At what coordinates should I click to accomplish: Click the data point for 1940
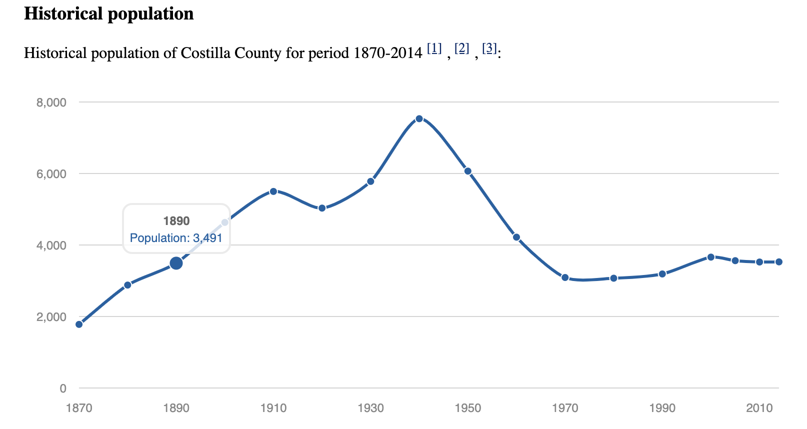(x=419, y=118)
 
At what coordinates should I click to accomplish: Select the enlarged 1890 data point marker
(x=176, y=263)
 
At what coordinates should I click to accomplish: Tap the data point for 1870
(x=79, y=324)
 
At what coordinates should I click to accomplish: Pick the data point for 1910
(x=273, y=191)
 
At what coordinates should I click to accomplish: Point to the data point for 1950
(x=468, y=171)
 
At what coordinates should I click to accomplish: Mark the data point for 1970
(x=565, y=277)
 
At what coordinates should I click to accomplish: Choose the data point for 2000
(x=711, y=257)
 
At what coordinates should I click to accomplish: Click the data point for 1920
(x=322, y=208)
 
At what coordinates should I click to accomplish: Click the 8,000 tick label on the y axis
(x=51, y=102)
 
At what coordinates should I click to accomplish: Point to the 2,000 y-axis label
(x=51, y=317)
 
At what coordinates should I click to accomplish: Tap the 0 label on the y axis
(x=62, y=388)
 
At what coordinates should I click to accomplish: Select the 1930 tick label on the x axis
(x=370, y=408)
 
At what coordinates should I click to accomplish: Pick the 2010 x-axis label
(x=759, y=408)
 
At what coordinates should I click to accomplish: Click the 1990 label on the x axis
(x=662, y=408)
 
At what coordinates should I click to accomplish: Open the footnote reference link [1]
(x=434, y=48)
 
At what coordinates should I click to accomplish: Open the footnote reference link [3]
(x=489, y=48)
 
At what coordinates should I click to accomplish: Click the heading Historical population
(x=109, y=13)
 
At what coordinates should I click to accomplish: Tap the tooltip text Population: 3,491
(x=176, y=238)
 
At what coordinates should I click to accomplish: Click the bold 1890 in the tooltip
(x=176, y=221)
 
